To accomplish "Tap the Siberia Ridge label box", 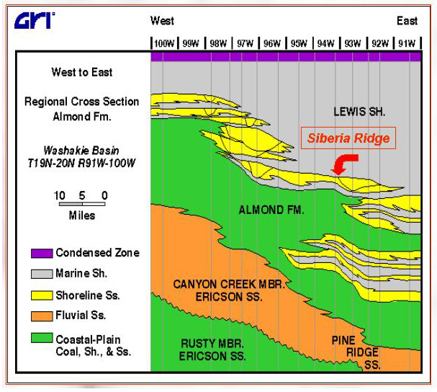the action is point(348,138).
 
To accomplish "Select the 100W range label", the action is point(164,43).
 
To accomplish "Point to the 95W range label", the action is point(299,43).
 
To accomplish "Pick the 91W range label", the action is point(407,43).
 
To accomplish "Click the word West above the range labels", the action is point(162,21).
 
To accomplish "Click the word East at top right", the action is point(407,21).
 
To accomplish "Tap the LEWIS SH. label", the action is point(359,112).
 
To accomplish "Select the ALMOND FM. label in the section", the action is point(271,210).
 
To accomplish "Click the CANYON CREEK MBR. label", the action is point(229,285).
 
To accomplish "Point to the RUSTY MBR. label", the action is point(212,344).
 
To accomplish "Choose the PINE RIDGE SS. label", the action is point(356,352).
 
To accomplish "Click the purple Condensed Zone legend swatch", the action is point(42,254).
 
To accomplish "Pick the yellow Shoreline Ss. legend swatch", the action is point(42,295).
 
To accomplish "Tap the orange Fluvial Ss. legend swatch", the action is point(42,316).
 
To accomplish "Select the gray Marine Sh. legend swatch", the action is point(42,274).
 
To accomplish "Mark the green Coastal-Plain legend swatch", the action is point(42,338).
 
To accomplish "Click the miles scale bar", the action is point(82,204).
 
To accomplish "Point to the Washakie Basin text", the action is point(81,151).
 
